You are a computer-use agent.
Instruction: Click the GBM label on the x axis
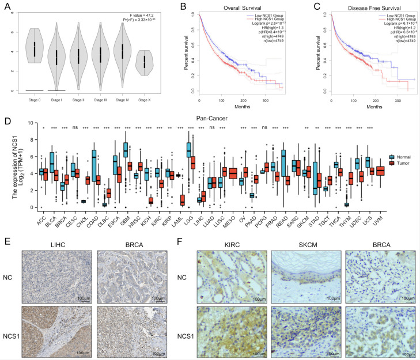click(126, 220)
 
